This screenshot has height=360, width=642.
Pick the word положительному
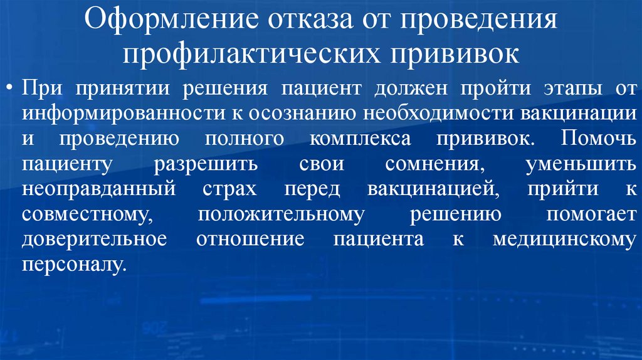pyautogui.click(x=281, y=214)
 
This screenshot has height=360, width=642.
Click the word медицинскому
pyautogui.click(x=563, y=240)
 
